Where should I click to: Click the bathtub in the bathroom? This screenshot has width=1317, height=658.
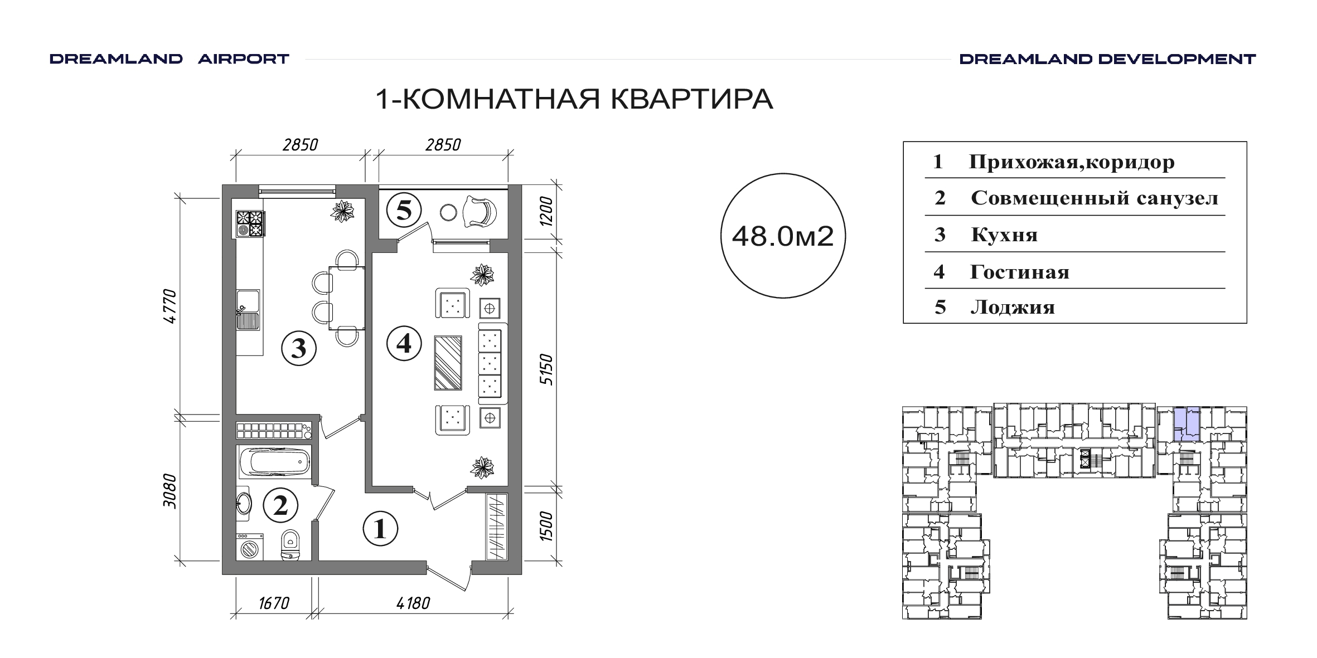click(x=274, y=461)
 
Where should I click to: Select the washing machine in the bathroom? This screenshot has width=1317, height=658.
click(x=250, y=547)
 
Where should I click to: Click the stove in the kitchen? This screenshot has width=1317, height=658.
click(x=250, y=224)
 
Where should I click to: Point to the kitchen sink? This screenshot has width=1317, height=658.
click(x=248, y=310)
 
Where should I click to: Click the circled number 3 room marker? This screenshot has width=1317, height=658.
click(x=299, y=348)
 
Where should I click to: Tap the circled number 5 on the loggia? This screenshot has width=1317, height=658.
click(x=404, y=211)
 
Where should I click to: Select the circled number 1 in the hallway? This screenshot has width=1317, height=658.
click(x=380, y=528)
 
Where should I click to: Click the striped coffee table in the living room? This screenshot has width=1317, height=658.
click(x=448, y=363)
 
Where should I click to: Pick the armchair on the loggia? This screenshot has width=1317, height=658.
click(x=479, y=212)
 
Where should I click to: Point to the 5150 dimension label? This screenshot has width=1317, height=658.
click(x=548, y=370)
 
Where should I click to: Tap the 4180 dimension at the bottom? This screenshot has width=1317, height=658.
click(x=413, y=603)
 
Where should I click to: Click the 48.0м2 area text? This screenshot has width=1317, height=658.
click(x=783, y=237)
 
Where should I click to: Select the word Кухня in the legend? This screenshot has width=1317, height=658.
click(x=1004, y=235)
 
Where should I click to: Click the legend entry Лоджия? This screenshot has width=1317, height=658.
click(x=1013, y=308)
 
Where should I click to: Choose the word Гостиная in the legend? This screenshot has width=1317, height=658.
click(x=1020, y=272)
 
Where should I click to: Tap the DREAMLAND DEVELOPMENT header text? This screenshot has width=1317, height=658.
click(x=1107, y=59)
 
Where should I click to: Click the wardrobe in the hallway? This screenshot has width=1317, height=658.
click(x=496, y=527)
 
